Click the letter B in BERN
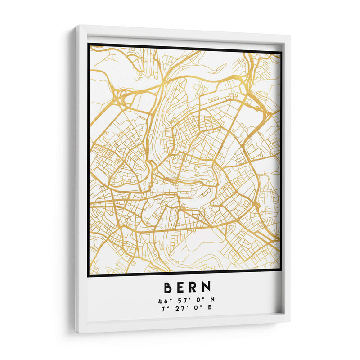coord(167,287)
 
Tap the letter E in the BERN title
coord(180,287)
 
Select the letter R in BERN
coord(193,287)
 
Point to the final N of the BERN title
coord(206,287)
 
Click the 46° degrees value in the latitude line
coord(163,300)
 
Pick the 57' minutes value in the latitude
coord(179,300)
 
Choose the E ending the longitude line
coord(209,307)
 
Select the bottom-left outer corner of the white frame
coord(76,333)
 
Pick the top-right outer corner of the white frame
coord(290,35)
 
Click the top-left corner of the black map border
coord(89,44)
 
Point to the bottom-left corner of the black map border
coord(88,275)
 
